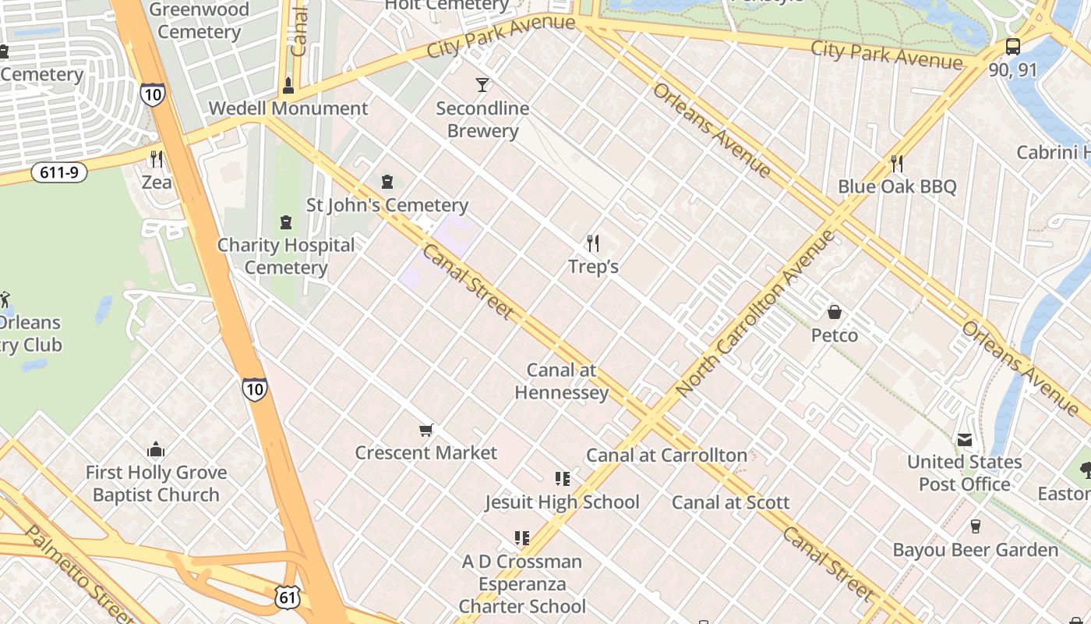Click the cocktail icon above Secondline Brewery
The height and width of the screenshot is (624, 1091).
tap(483, 84)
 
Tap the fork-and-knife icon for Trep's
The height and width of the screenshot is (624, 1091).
tap(593, 243)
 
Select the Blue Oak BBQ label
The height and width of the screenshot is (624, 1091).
tap(897, 186)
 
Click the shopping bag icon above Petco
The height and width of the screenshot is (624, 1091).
tap(835, 312)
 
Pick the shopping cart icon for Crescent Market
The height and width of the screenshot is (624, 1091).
tap(425, 430)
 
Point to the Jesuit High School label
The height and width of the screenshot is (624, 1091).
tap(562, 502)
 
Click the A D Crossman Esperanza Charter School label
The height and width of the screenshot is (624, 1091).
tap(522, 583)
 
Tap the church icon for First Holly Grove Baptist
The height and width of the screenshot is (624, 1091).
tap(156, 449)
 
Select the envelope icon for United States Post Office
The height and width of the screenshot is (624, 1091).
tap(965, 440)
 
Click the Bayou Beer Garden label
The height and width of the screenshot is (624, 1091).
tap(976, 550)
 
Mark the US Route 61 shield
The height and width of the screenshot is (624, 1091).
tap(286, 597)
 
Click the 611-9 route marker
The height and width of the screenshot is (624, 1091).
tap(59, 172)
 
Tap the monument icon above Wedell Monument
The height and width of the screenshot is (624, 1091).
tap(288, 85)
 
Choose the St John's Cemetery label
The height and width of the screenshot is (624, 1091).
tap(387, 205)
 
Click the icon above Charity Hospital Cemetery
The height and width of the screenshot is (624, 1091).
tap(286, 222)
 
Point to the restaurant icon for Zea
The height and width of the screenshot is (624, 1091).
tap(157, 159)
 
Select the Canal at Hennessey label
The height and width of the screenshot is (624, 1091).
tap(561, 381)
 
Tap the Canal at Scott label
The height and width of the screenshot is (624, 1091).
tap(731, 502)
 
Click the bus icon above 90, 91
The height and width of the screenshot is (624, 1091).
tap(1012, 47)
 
